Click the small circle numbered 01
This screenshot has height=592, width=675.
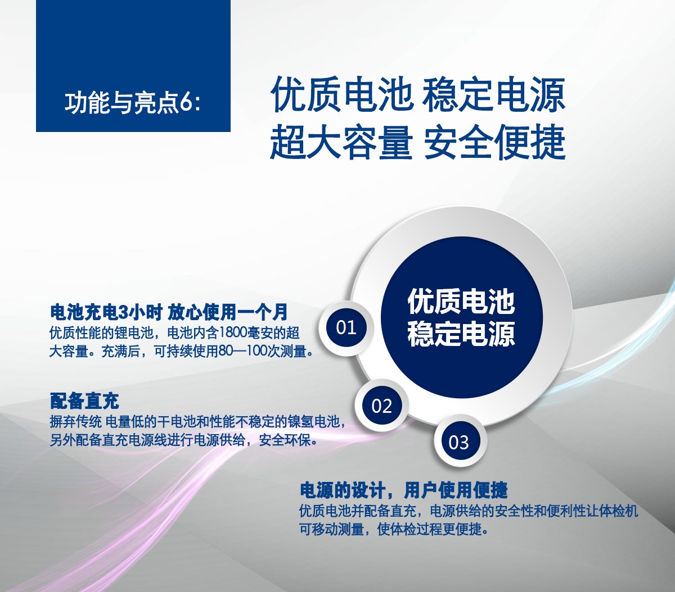click(x=346, y=327)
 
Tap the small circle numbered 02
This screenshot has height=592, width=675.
click(x=382, y=406)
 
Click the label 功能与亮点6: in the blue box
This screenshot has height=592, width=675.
click(x=133, y=103)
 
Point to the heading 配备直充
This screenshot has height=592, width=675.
click(x=84, y=400)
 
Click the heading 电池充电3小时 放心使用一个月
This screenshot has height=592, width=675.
click(x=169, y=312)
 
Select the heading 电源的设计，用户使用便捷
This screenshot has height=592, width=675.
click(x=403, y=490)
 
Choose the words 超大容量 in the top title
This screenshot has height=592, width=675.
click(x=341, y=142)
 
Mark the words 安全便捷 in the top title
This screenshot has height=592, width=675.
click(x=494, y=142)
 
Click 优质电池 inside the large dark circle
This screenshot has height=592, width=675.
click(x=461, y=301)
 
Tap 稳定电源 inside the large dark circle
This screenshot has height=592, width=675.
click(x=461, y=334)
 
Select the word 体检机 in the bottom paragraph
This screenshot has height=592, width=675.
click(x=618, y=511)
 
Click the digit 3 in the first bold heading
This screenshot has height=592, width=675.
click(x=123, y=312)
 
